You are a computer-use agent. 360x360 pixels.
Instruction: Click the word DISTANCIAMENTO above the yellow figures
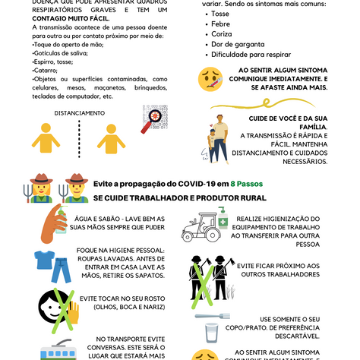coord(79,113)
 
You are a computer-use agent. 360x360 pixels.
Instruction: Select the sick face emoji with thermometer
coord(210,78)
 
